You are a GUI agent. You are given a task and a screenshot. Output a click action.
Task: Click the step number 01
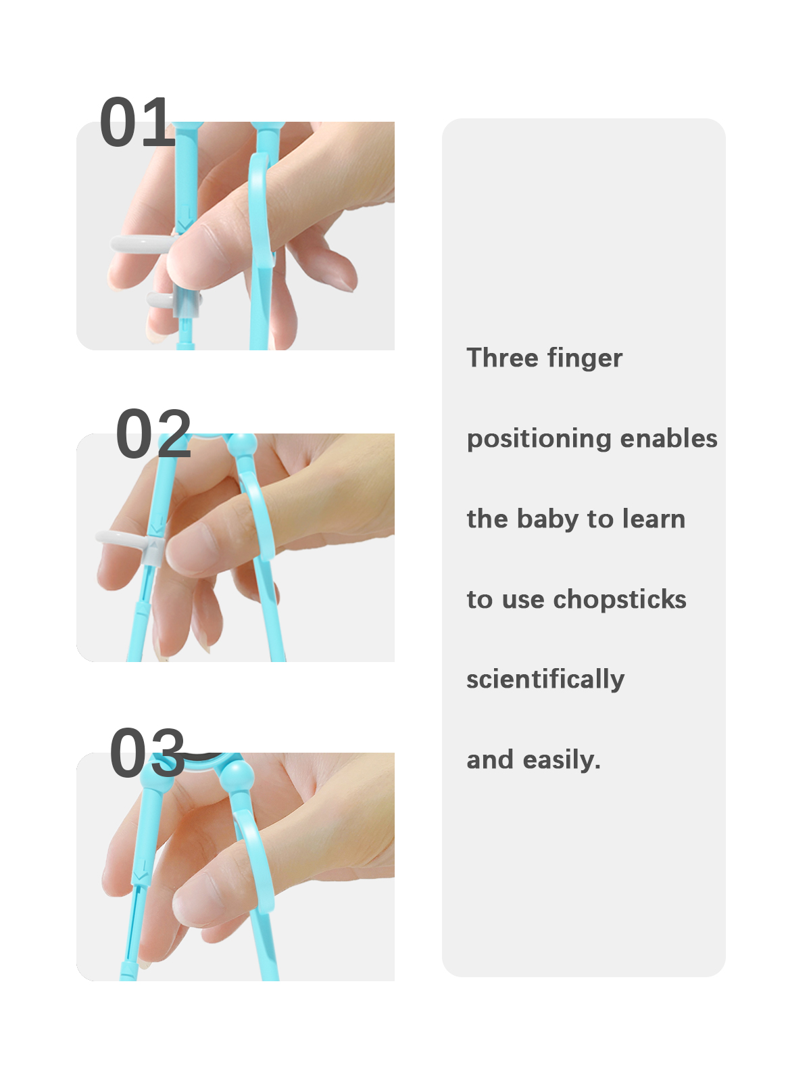pyautogui.click(x=137, y=122)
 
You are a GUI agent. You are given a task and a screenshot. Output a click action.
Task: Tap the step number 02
pyautogui.click(x=153, y=433)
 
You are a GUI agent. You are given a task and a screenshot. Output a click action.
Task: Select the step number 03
pyautogui.click(x=147, y=752)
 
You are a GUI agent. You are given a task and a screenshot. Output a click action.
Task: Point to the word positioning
pyautogui.click(x=539, y=440)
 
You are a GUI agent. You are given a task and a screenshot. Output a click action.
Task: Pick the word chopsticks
pyautogui.click(x=620, y=600)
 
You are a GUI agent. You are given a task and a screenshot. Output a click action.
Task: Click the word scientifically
pyautogui.click(x=545, y=680)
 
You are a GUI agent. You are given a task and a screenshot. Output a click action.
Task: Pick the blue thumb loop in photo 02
pyautogui.click(x=264, y=523)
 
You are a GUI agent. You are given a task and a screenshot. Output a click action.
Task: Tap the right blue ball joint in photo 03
pyautogui.click(x=237, y=774)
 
